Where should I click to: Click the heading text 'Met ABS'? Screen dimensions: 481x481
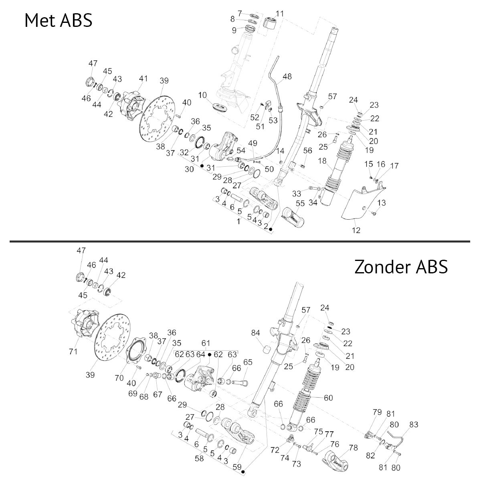tap(59, 20)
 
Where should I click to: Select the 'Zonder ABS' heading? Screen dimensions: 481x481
tap(400, 266)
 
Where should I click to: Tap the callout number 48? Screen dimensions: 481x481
tap(287, 77)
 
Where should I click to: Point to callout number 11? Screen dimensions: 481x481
tap(279, 14)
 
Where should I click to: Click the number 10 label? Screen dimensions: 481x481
tap(202, 95)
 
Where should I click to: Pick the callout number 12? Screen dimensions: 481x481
tap(356, 230)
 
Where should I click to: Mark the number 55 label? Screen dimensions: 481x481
tap(300, 204)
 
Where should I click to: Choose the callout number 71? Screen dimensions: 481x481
tap(73, 352)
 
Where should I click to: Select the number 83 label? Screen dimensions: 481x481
tap(414, 425)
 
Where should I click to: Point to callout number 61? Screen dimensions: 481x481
tap(206, 343)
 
